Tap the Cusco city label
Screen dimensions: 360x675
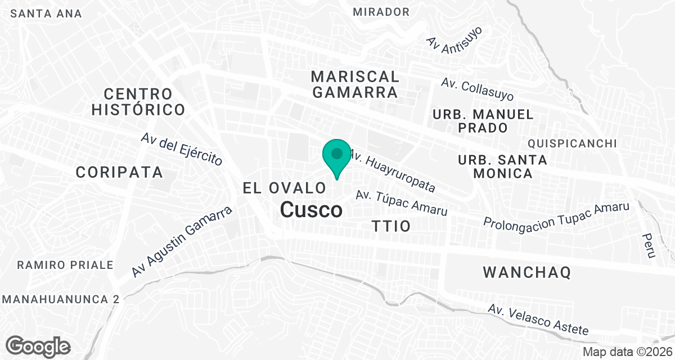[x=311, y=210]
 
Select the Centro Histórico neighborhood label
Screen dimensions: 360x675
[x=138, y=101]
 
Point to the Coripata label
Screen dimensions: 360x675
[x=119, y=172]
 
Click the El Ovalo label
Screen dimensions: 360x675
[x=285, y=188]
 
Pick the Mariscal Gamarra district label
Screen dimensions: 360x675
[x=355, y=84]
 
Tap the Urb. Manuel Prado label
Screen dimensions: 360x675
[x=483, y=121]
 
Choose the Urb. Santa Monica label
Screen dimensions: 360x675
[x=502, y=166]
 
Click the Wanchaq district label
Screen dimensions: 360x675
[x=527, y=273]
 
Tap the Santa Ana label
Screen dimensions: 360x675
[x=46, y=13]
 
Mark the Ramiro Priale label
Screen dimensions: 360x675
[x=65, y=264]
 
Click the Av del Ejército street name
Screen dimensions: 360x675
[x=182, y=148]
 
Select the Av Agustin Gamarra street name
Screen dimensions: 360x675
[x=182, y=242]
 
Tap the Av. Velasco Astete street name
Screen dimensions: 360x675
[x=538, y=319]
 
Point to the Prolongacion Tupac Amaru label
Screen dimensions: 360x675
[x=556, y=215]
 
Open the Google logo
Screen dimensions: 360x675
[x=38, y=345]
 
